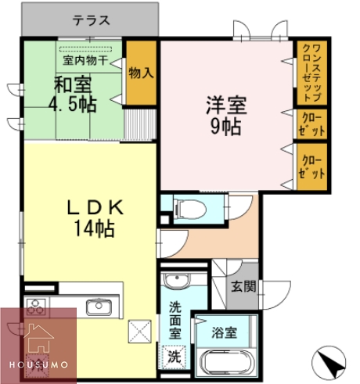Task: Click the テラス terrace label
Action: [x=92, y=21]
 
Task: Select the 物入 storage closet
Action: [x=142, y=74]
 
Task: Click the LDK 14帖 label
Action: [x=92, y=217]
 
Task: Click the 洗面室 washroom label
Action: [x=175, y=320]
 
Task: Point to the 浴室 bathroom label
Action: [x=225, y=332]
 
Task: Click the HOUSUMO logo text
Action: [x=38, y=364]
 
